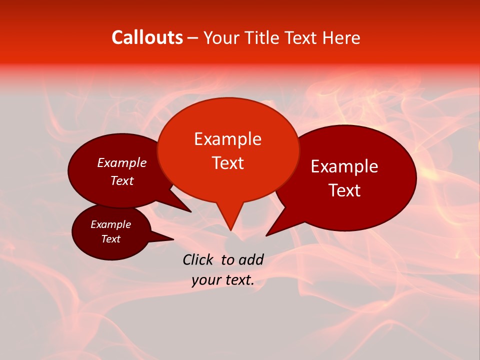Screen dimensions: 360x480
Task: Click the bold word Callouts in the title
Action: click(147, 37)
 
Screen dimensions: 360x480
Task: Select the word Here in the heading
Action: click(341, 37)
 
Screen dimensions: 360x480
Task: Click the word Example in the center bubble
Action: click(227, 139)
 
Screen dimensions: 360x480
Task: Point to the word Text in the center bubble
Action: click(227, 163)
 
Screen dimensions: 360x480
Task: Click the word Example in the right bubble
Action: click(344, 166)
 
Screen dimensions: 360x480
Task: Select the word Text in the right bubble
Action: click(345, 190)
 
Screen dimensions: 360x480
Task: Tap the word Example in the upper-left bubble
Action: click(121, 163)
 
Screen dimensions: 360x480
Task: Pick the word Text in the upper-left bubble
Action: click(121, 181)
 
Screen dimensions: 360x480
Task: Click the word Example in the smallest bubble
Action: click(110, 224)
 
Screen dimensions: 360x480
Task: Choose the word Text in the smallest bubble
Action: click(110, 239)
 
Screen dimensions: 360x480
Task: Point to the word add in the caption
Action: click(250, 259)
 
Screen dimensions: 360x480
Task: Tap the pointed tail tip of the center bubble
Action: click(230, 230)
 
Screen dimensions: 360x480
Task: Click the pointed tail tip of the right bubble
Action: click(266, 235)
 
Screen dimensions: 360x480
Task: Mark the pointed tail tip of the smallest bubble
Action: click(173, 239)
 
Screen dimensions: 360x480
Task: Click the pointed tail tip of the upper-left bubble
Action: click(191, 212)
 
